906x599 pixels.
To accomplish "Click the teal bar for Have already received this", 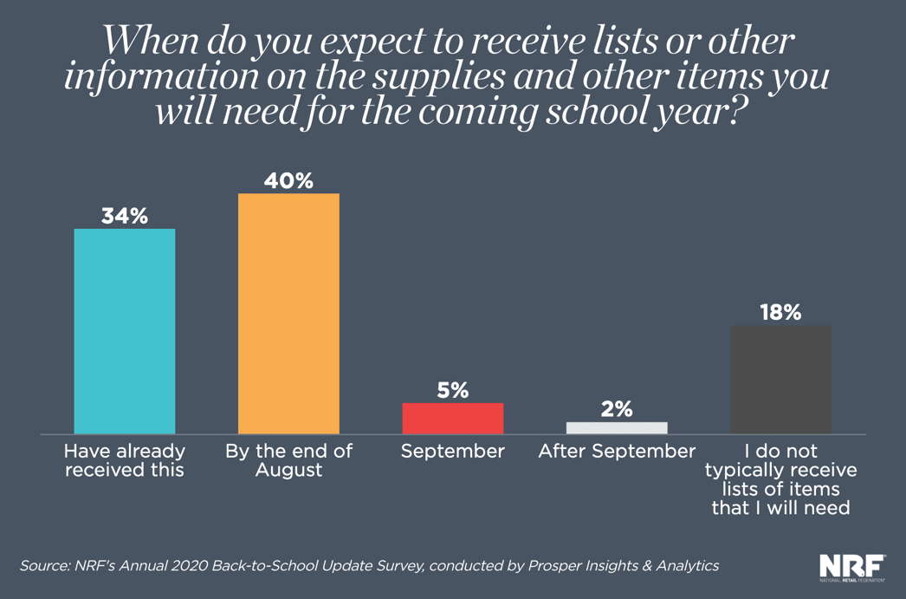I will click(125, 330).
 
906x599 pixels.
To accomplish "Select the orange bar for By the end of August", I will click(288, 313).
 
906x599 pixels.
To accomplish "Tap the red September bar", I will click(452, 418).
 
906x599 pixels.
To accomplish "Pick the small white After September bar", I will click(617, 427).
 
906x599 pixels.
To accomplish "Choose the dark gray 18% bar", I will click(780, 379).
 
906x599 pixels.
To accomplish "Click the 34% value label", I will click(125, 216).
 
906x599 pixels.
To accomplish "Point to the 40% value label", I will click(288, 180).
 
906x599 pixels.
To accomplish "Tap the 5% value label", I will click(452, 390).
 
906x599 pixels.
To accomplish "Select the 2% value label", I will click(617, 409).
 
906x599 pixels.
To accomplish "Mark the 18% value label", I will click(780, 312).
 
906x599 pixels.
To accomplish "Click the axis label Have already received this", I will click(125, 460).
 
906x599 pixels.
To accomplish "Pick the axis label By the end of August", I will click(288, 460).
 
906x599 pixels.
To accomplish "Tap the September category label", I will click(452, 452).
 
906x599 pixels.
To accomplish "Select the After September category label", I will click(617, 452).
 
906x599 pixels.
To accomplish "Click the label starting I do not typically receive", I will click(780, 479).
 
